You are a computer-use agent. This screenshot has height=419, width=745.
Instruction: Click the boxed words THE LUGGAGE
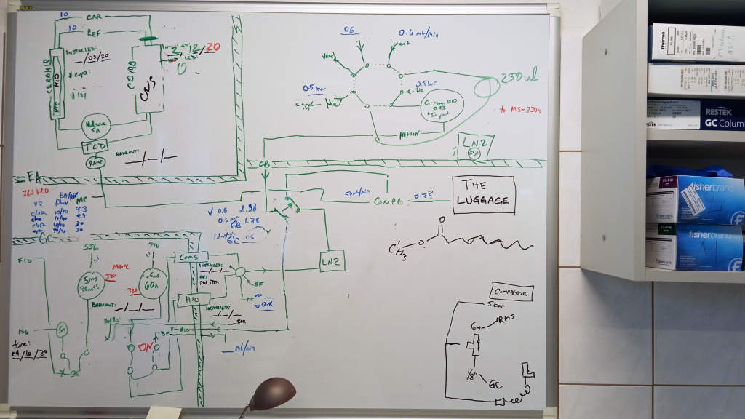click(x=483, y=194)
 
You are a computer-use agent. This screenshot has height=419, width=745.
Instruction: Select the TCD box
click(x=95, y=146)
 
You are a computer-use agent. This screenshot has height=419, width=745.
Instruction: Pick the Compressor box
click(x=512, y=292)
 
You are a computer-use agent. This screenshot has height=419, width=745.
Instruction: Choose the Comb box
click(x=191, y=258)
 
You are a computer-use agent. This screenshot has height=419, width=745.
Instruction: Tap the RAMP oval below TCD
click(x=95, y=162)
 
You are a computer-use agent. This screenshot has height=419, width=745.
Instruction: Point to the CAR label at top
click(x=93, y=17)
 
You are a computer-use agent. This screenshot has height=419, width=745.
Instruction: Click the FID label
click(x=24, y=260)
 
